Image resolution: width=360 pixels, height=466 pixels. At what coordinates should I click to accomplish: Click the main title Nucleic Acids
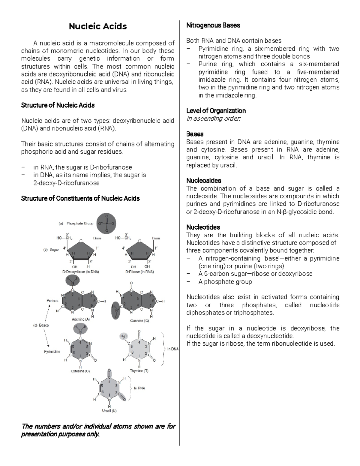(98, 26)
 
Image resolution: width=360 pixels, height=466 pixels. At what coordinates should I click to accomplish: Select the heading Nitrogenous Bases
(213, 26)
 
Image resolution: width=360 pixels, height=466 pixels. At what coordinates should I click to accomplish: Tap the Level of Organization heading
(216, 111)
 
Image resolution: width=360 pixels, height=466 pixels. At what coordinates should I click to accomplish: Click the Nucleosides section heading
(204, 181)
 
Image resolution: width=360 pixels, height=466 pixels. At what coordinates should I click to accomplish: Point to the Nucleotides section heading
(203, 227)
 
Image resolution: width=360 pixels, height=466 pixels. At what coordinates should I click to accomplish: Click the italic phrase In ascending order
(213, 119)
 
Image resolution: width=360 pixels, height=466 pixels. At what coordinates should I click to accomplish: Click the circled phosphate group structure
(106, 224)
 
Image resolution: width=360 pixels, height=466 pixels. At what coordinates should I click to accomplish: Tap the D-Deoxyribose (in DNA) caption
(81, 272)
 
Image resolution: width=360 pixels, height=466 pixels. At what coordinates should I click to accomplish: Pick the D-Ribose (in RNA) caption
(139, 272)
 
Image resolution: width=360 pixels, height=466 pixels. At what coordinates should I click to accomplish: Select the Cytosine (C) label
(80, 371)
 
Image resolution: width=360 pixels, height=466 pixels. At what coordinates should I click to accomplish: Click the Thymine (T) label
(139, 371)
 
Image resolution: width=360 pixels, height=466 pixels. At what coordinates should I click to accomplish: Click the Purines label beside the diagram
(52, 301)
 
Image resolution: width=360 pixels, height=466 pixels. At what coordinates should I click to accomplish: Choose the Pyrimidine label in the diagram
(52, 351)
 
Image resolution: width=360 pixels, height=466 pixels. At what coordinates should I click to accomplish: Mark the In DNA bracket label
(173, 349)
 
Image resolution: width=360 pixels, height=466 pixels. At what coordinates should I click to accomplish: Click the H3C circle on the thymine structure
(124, 336)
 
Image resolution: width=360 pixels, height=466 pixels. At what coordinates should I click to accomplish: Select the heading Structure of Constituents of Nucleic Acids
(80, 199)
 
